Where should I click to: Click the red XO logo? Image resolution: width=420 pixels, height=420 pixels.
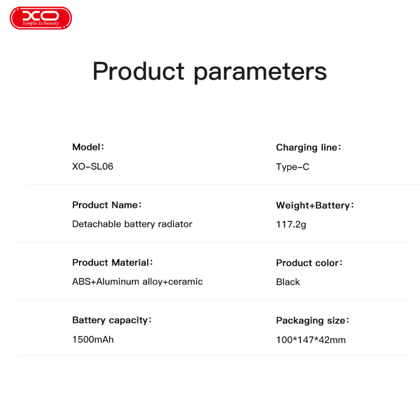(x=41, y=18)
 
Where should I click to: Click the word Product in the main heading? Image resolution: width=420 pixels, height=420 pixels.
(x=139, y=71)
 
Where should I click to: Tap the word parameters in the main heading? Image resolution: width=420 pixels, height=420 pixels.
(x=260, y=72)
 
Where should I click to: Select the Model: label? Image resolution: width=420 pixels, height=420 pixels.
(x=88, y=147)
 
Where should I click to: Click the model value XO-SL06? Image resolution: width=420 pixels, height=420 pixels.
(x=93, y=166)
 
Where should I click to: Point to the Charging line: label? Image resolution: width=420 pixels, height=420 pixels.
(x=309, y=147)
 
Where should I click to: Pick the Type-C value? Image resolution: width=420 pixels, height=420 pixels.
(x=292, y=167)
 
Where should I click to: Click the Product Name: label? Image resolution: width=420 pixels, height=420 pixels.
(x=107, y=205)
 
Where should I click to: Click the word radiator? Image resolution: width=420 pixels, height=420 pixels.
(x=175, y=224)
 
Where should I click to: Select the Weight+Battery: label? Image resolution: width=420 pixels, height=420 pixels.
(x=315, y=205)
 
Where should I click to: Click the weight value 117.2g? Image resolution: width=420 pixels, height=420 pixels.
(x=291, y=224)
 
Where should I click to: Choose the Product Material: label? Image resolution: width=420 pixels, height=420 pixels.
(x=113, y=262)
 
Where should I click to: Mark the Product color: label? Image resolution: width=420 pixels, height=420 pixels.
(x=309, y=263)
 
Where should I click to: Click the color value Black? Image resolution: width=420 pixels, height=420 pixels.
(x=288, y=282)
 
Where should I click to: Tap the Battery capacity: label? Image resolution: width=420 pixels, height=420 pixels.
(x=112, y=320)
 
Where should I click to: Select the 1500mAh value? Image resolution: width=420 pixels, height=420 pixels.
(x=93, y=339)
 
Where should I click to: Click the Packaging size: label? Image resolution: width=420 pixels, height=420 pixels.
(x=312, y=320)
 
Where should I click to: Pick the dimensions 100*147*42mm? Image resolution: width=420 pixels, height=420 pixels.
(x=311, y=340)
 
